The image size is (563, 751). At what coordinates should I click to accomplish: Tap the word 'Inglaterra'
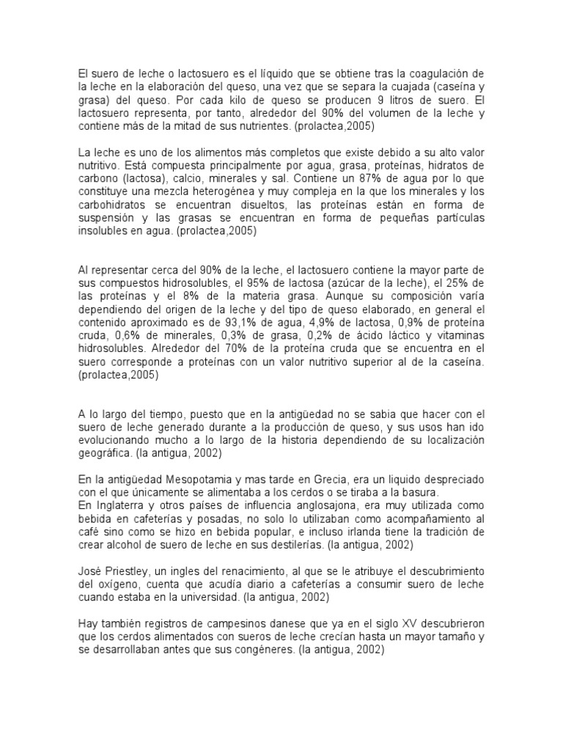coord(114,505)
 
